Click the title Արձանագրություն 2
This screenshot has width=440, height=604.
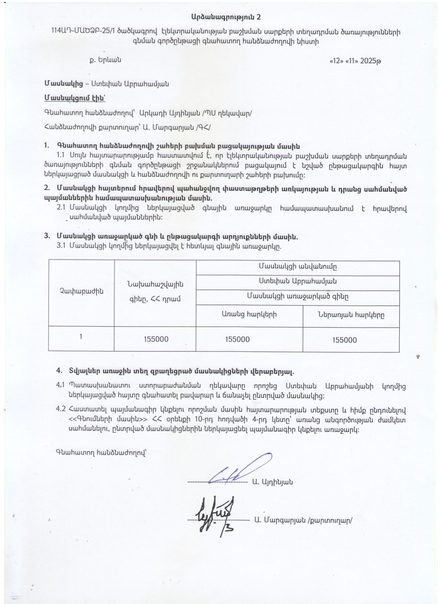pyautogui.click(x=226, y=17)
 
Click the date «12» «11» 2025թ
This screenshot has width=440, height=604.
pyautogui.click(x=355, y=61)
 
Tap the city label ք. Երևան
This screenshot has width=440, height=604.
pyautogui.click(x=105, y=60)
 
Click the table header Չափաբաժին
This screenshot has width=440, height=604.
pyautogui.click(x=82, y=292)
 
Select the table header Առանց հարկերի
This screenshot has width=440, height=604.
pyautogui.click(x=249, y=314)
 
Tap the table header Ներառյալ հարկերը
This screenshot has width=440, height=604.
pyautogui.click(x=351, y=315)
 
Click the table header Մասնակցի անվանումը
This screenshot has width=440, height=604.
pyautogui.click(x=297, y=266)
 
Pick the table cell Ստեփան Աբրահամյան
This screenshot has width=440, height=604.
pyautogui.click(x=297, y=281)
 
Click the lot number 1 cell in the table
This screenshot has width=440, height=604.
pyautogui.click(x=81, y=337)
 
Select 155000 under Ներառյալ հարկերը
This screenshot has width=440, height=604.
pyautogui.click(x=344, y=340)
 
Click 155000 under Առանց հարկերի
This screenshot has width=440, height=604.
pyautogui.click(x=237, y=339)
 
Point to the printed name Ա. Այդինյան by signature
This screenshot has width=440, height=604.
pyautogui.click(x=272, y=482)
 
